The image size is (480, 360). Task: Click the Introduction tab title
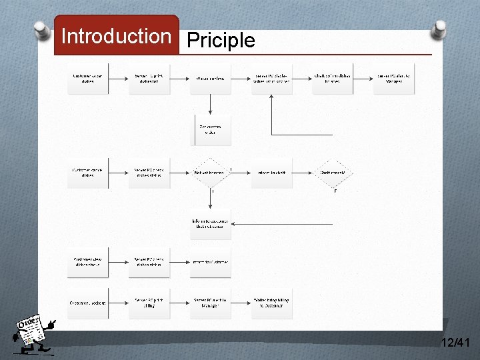[x=116, y=36]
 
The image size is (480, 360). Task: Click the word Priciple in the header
[x=221, y=41]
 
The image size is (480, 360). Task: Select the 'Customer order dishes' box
[x=87, y=79]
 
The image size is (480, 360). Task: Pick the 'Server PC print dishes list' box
[x=149, y=79]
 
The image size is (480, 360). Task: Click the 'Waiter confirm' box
[x=211, y=79]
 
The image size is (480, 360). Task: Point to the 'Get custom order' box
[x=211, y=129]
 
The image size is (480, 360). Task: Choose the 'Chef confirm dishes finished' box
[x=333, y=79]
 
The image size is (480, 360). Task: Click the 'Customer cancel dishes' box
[x=87, y=173]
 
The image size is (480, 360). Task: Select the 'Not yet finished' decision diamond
[x=211, y=173]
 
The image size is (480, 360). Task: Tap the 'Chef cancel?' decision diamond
[x=333, y=173]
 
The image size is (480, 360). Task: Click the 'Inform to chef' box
[x=272, y=173]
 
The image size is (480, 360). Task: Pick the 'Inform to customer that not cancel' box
[x=211, y=224]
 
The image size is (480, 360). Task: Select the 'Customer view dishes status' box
[x=87, y=262]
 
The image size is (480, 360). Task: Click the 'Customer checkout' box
[x=87, y=303]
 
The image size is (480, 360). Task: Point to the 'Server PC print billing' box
[x=149, y=303]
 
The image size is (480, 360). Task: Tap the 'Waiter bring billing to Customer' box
[x=272, y=303]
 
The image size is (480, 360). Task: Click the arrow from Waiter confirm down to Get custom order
[x=211, y=104]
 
